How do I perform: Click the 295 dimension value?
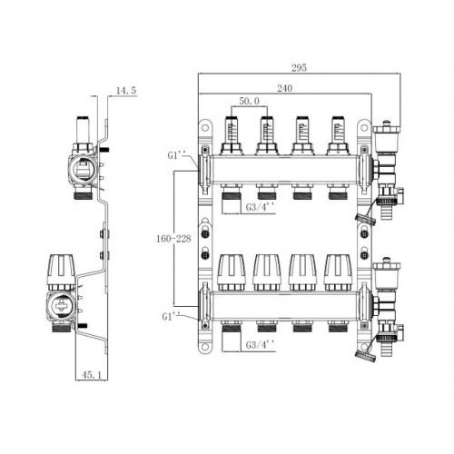[x=299, y=67]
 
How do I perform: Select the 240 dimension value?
[x=285, y=88]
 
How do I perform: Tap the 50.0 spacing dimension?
[x=250, y=101]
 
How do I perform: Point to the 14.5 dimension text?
[x=126, y=91]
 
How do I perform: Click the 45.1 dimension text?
[x=92, y=375]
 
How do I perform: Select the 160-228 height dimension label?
[x=173, y=239]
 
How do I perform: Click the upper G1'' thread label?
[x=176, y=155]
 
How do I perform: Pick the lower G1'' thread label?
[x=171, y=317]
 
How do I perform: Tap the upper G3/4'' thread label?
[x=260, y=207]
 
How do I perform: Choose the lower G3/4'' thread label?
[x=260, y=345]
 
